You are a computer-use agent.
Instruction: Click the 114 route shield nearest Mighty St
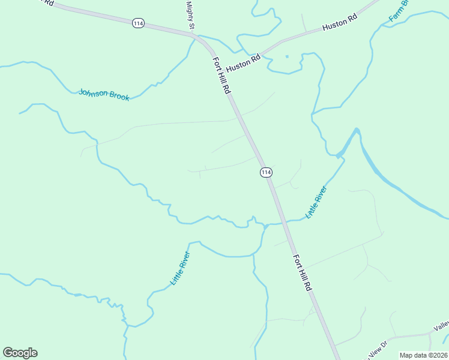click(138, 23)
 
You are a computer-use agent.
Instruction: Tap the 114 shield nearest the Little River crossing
click(267, 172)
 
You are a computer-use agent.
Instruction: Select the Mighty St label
click(191, 14)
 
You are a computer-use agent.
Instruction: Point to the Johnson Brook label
click(104, 95)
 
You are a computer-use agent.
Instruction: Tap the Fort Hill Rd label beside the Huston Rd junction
click(221, 76)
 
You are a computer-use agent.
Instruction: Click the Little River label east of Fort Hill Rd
click(316, 202)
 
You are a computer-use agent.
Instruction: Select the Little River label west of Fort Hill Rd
click(180, 272)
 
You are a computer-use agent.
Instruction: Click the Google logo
click(20, 352)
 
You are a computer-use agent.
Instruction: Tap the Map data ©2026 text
click(424, 355)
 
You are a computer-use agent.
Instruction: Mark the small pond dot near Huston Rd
click(287, 56)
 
